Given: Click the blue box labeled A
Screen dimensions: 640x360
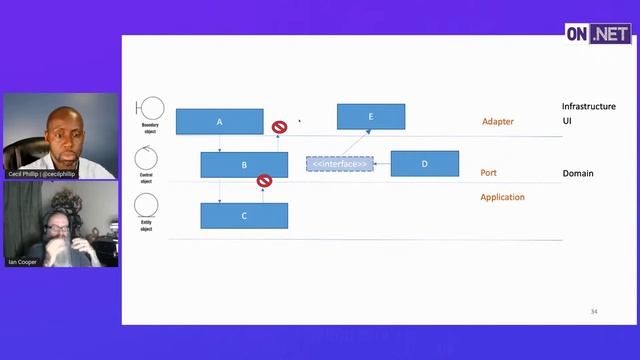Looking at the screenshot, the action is [x=219, y=121].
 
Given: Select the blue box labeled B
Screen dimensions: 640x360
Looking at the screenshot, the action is [x=244, y=165].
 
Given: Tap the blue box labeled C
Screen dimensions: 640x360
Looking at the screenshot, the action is [x=244, y=215].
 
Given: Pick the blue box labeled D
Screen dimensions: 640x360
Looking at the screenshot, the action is [x=424, y=164].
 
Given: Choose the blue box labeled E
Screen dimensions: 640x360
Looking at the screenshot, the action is [x=371, y=116].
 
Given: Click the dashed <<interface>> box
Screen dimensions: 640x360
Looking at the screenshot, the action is [x=339, y=163].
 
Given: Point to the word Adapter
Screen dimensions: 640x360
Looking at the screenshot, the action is [x=497, y=121].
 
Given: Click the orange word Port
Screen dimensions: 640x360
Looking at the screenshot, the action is [x=488, y=172].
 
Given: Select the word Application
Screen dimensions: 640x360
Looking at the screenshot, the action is [x=502, y=197].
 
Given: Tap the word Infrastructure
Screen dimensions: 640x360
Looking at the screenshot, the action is [x=588, y=106].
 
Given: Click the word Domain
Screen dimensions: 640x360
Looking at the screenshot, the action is [x=578, y=173].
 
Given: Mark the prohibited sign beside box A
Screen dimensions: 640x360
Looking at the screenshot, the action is [x=280, y=127].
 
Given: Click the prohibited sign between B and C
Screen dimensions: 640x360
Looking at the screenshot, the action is [x=264, y=181].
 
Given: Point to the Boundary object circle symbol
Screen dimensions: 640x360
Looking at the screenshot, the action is [x=151, y=108].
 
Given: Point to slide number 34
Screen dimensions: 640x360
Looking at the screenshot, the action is [x=594, y=312].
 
